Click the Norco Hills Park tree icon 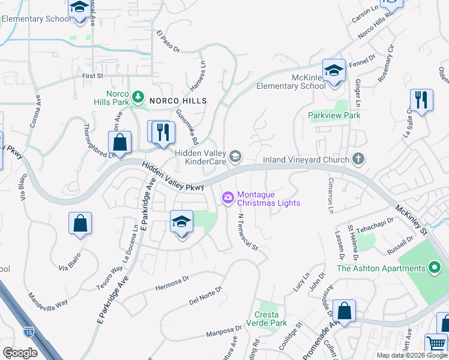(138, 96)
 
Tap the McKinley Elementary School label (291, 81)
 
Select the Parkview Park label (334, 115)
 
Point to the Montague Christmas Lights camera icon (228, 197)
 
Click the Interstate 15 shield (28, 331)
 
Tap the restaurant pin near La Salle (421, 101)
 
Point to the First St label (93, 76)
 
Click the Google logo (20, 353)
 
